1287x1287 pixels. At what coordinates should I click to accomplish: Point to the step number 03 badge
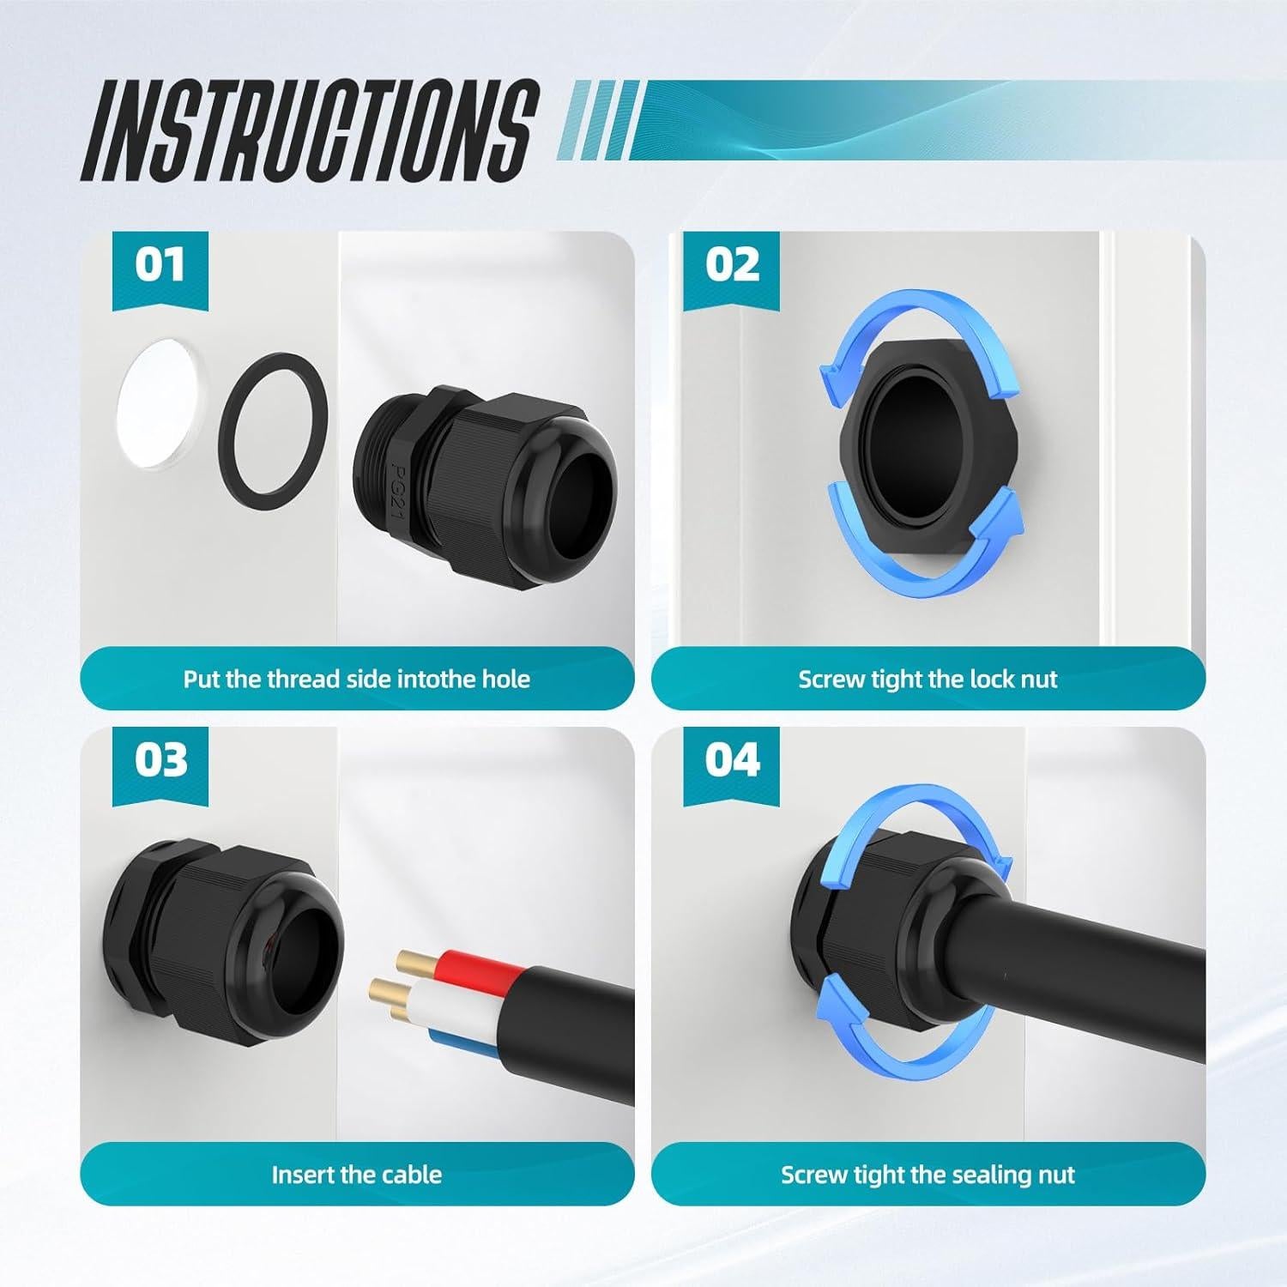tap(160, 760)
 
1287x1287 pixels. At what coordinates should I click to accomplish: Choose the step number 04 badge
tap(732, 760)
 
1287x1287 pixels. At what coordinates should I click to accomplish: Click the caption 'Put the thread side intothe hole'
tap(357, 680)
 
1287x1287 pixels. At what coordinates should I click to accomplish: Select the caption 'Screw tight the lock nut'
tap(927, 680)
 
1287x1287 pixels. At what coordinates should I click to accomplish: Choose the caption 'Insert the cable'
tap(357, 1175)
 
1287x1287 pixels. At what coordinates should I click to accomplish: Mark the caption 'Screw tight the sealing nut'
tap(927, 1175)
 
